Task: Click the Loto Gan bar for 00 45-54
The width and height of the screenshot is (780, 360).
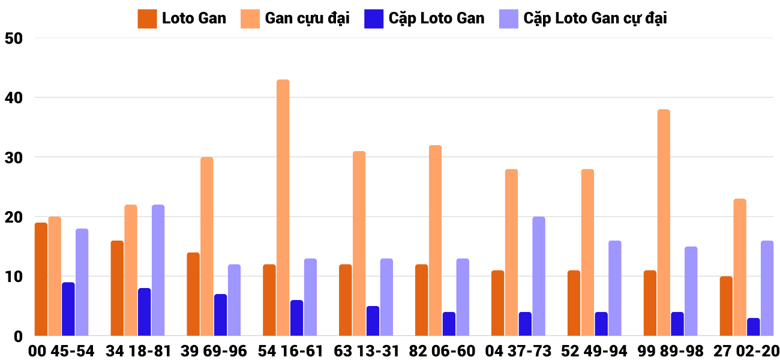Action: pyautogui.click(x=41, y=279)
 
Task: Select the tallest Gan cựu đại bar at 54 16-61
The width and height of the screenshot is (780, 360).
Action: pyautogui.click(x=283, y=208)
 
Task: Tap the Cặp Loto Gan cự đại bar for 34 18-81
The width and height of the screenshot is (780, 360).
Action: pyautogui.click(x=158, y=270)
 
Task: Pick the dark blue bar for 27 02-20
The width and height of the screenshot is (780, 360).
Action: pyautogui.click(x=753, y=326)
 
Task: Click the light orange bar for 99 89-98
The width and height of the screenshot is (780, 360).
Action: pyautogui.click(x=664, y=223)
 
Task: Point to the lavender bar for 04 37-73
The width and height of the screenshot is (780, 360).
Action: pyautogui.click(x=539, y=276)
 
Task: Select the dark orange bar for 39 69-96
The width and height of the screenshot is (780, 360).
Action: pyautogui.click(x=193, y=294)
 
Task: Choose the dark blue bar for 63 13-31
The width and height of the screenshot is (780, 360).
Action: pyautogui.click(x=373, y=320)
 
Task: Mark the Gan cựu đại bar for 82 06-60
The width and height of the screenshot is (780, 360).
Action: pyautogui.click(x=435, y=240)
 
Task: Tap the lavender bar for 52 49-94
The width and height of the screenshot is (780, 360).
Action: pyautogui.click(x=615, y=288)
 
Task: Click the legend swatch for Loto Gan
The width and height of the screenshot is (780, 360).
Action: pyautogui.click(x=147, y=19)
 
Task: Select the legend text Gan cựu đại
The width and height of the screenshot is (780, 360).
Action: pyautogui.click(x=307, y=19)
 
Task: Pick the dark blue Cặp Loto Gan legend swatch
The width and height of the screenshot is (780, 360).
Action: pyautogui.click(x=373, y=19)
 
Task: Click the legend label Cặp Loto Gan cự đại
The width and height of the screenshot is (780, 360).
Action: pyautogui.click(x=595, y=19)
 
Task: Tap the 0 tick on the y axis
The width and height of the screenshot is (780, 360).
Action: pyautogui.click(x=19, y=336)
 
